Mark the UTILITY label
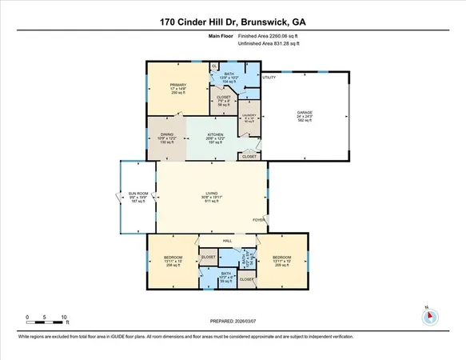click(x=269, y=78)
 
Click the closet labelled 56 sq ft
click(x=224, y=101)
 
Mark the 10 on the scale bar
click(x=64, y=316)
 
